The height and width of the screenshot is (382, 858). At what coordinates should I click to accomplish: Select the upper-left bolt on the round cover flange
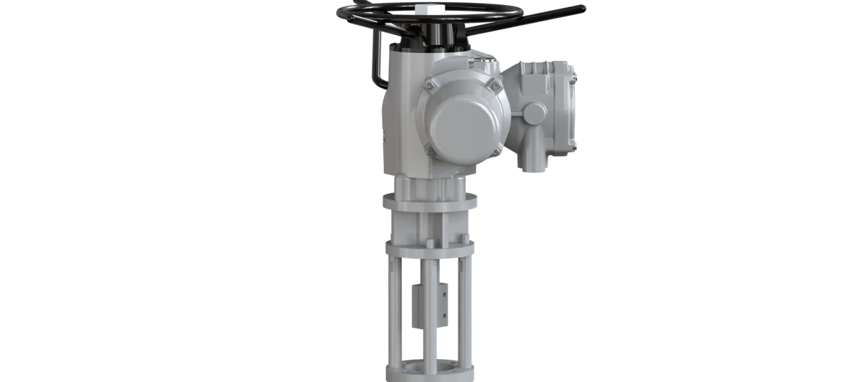(x=429, y=85)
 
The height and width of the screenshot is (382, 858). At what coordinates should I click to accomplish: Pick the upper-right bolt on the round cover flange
(x=495, y=85)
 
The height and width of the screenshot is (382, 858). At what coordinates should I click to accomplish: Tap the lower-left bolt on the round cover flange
(x=429, y=150)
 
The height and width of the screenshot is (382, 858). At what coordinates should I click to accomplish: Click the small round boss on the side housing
(x=534, y=113)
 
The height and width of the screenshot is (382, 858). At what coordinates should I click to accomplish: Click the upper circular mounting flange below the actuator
(x=429, y=202)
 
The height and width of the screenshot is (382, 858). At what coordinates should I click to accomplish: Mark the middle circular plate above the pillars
(x=429, y=249)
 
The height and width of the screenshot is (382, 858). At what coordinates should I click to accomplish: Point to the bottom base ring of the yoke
(x=429, y=373)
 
